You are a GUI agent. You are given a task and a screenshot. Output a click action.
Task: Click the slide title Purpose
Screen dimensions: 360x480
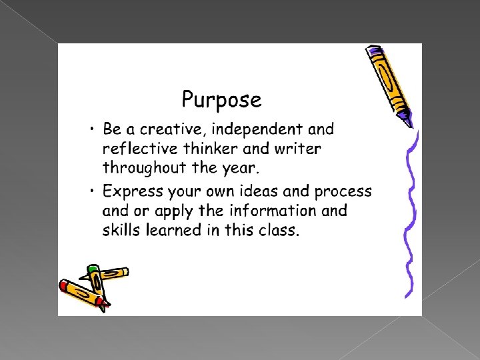pos(221,100)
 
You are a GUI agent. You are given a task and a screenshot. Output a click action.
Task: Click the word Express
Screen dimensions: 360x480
pos(132,191)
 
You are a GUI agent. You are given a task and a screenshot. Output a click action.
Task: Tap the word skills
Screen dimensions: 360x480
pos(120,230)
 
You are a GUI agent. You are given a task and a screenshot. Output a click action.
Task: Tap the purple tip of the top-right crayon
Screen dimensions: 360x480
pos(405,120)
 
